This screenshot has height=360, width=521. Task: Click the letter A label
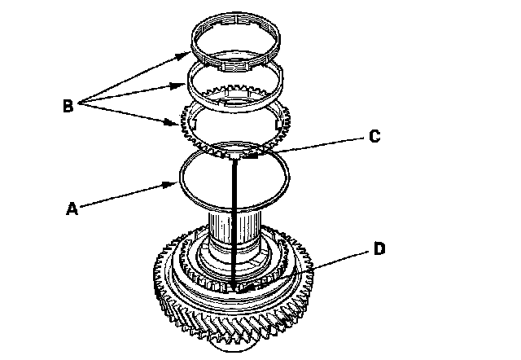click(72, 209)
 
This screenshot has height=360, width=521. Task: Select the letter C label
click(374, 137)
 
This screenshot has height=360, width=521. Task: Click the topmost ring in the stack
click(235, 33)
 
